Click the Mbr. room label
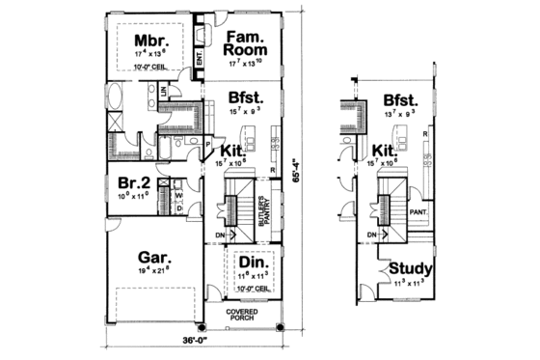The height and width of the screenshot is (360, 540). (150, 42)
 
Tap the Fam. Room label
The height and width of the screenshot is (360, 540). (246, 43)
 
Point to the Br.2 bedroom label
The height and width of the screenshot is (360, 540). (134, 183)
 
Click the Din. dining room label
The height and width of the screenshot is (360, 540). (255, 263)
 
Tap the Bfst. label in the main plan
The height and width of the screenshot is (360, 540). (248, 97)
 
